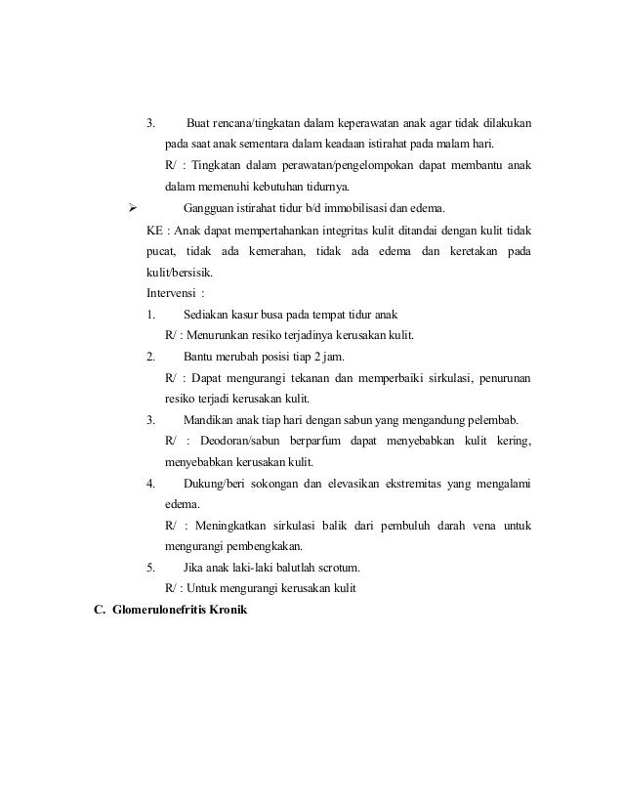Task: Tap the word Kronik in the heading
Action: click(229, 611)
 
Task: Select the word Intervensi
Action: click(170, 293)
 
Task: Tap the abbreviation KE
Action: click(154, 230)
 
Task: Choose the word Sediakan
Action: click(207, 315)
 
